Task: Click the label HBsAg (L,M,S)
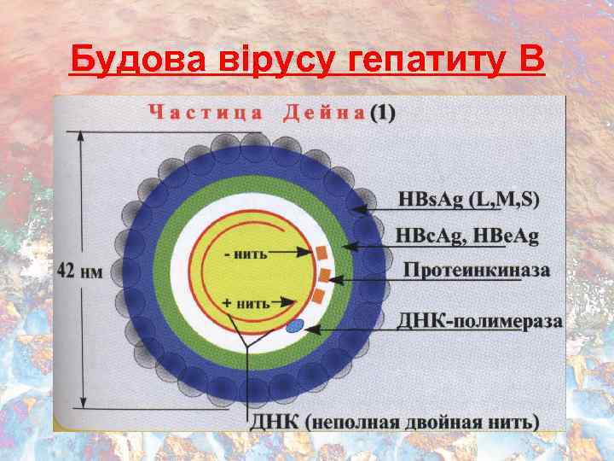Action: click(468, 200)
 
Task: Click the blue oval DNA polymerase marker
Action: click(295, 325)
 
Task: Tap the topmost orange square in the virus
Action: click(321, 254)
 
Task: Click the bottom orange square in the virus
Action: click(318, 295)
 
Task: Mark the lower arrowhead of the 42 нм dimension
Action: click(83, 402)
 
